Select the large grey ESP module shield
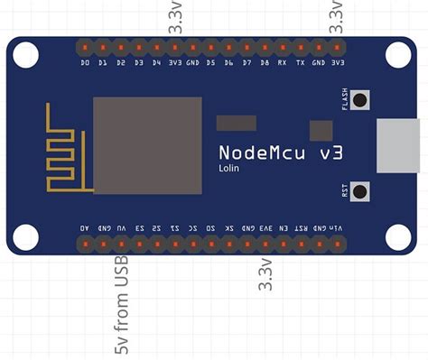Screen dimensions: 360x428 (147, 144)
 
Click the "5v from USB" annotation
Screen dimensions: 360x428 (121, 306)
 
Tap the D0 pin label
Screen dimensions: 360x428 (85, 64)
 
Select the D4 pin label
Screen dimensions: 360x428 (157, 64)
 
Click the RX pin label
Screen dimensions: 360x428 (283, 64)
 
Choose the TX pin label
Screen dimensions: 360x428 (301, 64)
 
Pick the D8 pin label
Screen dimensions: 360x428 (265, 64)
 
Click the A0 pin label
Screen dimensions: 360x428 (85, 229)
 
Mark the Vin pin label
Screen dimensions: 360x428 (336, 229)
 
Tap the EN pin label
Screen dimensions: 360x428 (283, 229)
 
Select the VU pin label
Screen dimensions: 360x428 (121, 229)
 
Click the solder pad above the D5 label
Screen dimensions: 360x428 (210, 45)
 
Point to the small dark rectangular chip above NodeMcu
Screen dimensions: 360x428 (237, 123)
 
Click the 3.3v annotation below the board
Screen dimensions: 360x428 (265, 274)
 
